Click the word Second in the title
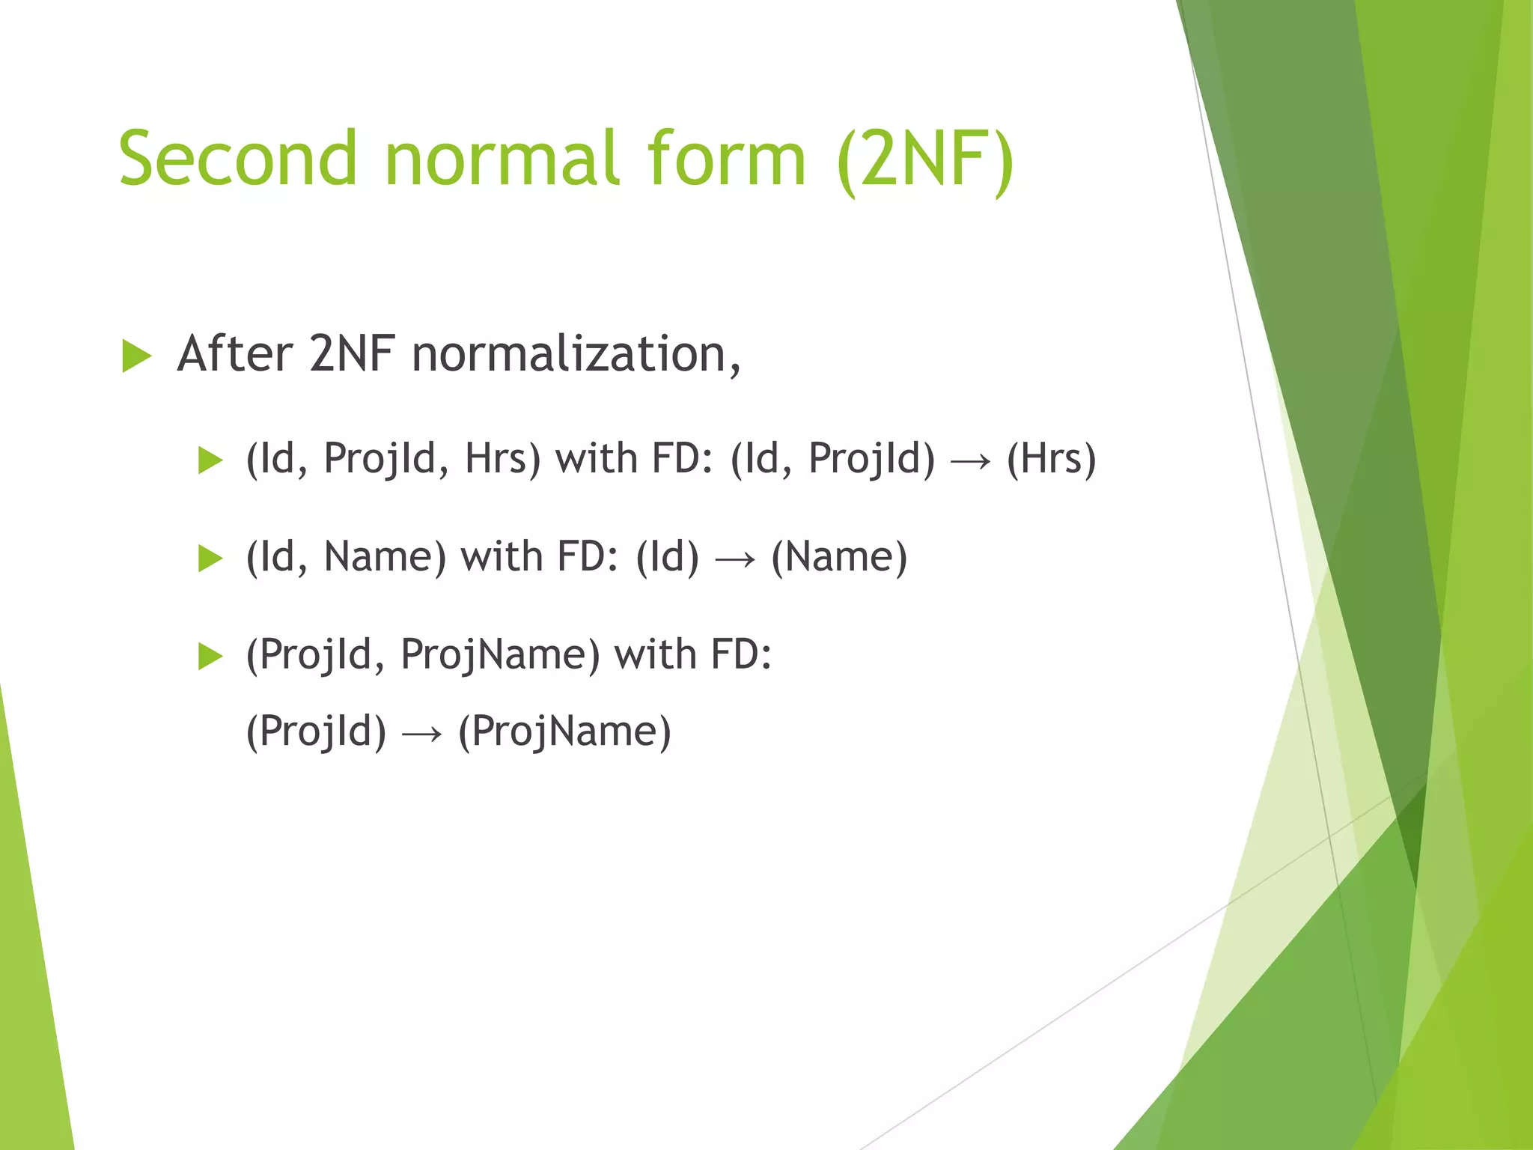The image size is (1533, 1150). coord(238,159)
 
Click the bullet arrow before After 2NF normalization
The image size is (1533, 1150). coord(136,356)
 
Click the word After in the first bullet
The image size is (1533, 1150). coord(234,354)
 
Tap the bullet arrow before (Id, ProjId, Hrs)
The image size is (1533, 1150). coord(210,460)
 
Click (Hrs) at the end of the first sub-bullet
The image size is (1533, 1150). coord(1051,458)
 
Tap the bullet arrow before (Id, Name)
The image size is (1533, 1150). coord(210,559)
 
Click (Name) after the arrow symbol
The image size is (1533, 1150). coord(839,557)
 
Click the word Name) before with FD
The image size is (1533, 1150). coord(385,557)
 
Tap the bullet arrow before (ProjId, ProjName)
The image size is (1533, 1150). coord(210,657)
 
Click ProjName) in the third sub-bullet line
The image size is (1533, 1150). coord(500,654)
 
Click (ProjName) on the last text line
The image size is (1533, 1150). coord(564,731)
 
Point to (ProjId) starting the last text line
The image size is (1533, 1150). coord(316,731)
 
